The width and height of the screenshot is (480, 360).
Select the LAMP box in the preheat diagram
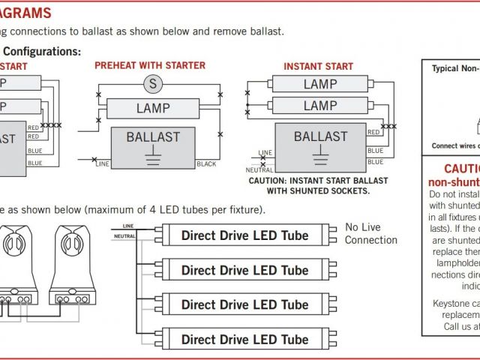pyautogui.click(x=153, y=109)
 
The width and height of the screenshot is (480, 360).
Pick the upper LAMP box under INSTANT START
pyautogui.click(x=319, y=84)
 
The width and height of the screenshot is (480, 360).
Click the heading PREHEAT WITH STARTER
pyautogui.click(x=150, y=66)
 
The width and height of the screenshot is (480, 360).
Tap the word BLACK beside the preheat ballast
pyautogui.click(x=206, y=163)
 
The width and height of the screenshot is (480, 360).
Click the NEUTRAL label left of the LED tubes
pyautogui.click(x=124, y=236)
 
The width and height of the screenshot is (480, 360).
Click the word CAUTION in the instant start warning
pyautogui.click(x=271, y=181)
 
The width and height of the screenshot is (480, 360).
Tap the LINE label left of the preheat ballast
pyautogui.click(x=103, y=163)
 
